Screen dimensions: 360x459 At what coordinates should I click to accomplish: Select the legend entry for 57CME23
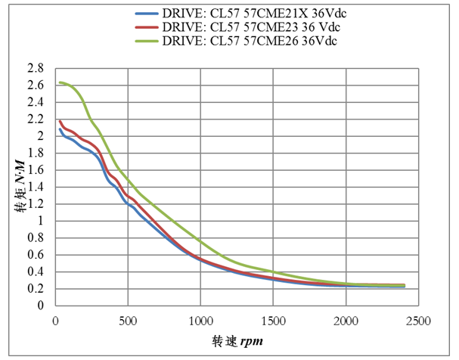(249, 26)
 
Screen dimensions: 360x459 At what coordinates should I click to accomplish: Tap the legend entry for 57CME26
(249, 40)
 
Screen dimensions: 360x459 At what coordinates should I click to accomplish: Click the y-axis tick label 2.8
(36, 68)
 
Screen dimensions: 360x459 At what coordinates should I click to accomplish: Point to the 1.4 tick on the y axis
(36, 187)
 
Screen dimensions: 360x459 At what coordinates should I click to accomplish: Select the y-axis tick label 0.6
(36, 255)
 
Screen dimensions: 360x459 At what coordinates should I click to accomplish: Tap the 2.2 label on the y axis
(36, 119)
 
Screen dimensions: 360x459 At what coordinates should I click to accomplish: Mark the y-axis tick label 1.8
(36, 153)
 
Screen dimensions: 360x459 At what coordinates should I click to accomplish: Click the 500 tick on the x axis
(128, 319)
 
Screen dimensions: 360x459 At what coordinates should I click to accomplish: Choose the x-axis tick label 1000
(200, 319)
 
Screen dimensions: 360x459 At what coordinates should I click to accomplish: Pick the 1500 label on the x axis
(273, 319)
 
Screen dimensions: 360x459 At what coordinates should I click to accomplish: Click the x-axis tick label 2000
(346, 319)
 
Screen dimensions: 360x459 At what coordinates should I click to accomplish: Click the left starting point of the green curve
(59, 82)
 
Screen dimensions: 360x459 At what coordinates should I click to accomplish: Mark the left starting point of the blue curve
(60, 129)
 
